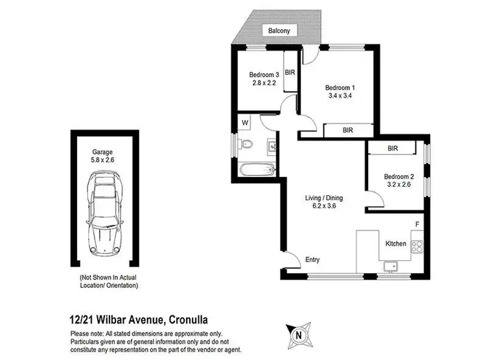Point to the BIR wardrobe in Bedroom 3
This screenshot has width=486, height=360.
(x=290, y=73)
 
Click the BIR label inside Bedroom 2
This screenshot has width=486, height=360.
(x=392, y=149)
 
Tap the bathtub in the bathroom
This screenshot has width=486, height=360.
(x=257, y=171)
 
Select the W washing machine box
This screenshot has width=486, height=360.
(x=246, y=122)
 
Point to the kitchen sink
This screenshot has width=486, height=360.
(x=392, y=265)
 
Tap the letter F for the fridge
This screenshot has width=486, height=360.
(x=417, y=224)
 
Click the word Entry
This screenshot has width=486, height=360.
(x=312, y=260)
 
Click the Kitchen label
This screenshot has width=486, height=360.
(x=396, y=244)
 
